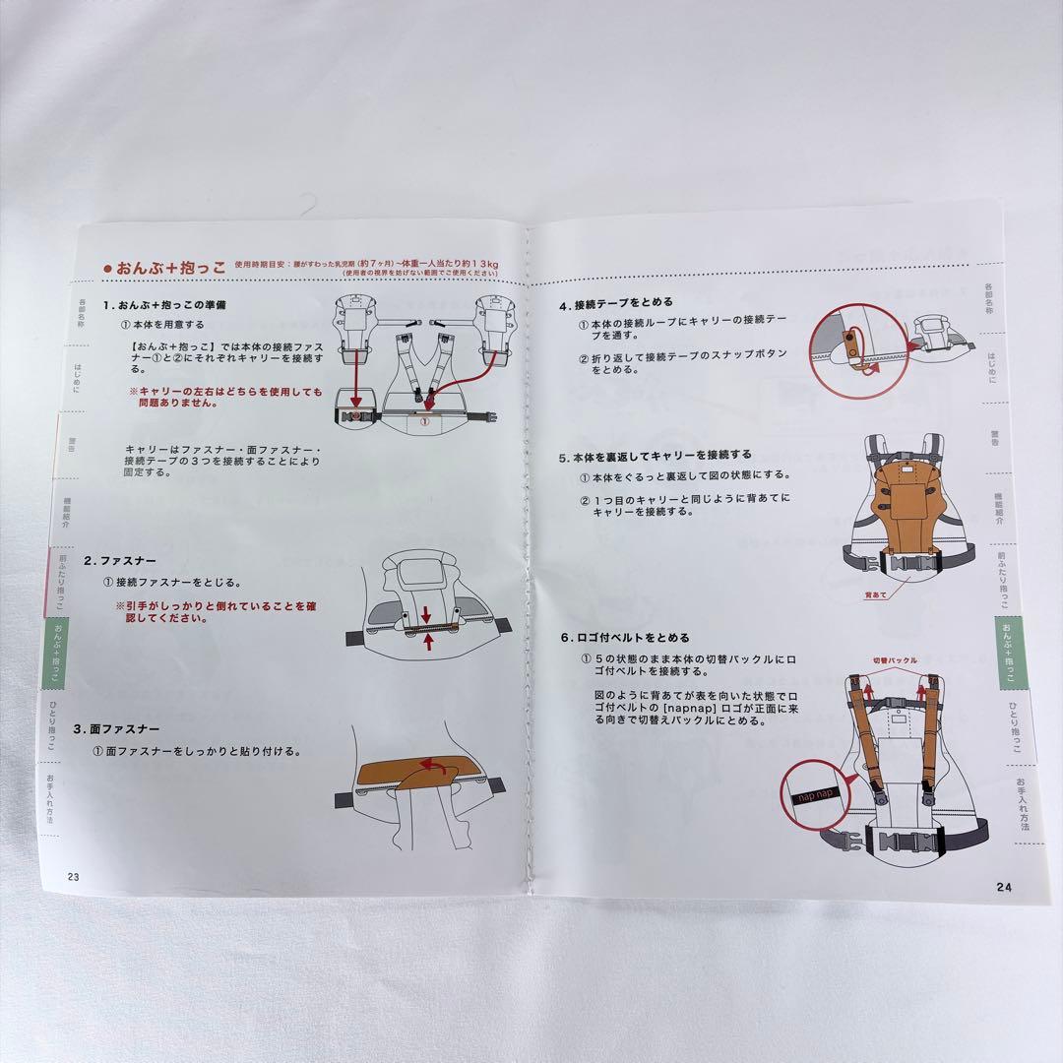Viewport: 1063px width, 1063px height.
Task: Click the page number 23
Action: tap(73, 876)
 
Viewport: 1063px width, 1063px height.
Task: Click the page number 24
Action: tap(1003, 887)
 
